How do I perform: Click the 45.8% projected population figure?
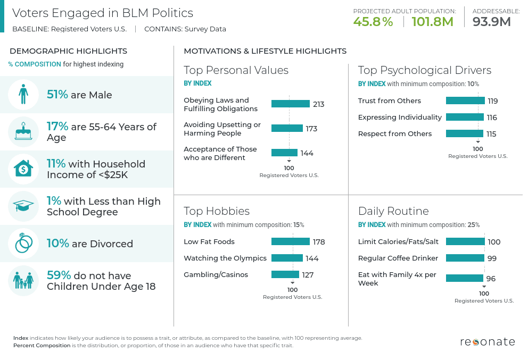[373, 22]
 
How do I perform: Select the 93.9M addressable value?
[491, 22]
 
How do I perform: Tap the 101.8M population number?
[432, 22]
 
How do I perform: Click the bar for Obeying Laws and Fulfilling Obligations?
[290, 104]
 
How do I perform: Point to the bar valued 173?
[287, 129]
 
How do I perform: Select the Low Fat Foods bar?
[290, 242]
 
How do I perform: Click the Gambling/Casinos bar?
[285, 275]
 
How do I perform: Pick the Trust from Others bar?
[465, 101]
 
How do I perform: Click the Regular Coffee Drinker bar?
[465, 258]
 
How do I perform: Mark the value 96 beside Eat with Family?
[491, 279]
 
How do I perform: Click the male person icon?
[23, 95]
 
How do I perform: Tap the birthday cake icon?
[23, 132]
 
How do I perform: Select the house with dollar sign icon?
[23, 169]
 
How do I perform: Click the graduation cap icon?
[23, 206]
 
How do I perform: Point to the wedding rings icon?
[23, 244]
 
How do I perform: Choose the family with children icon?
[23, 280]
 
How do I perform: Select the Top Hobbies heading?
[217, 211]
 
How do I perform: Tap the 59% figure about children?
[59, 275]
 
